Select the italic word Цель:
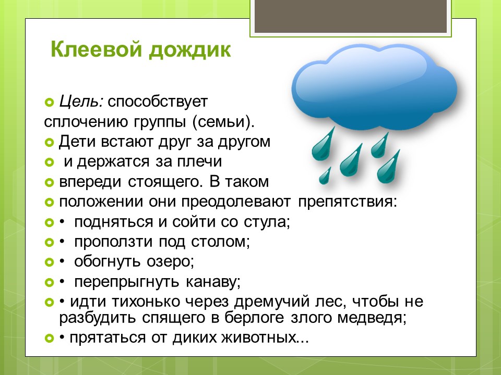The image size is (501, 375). tap(81, 102)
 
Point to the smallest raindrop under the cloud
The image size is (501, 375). tap(325, 176)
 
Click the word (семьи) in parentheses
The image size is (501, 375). tap(223, 122)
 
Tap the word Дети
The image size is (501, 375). tap(77, 142)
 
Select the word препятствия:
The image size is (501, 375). tap(348, 202)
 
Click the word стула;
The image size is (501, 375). tap(267, 222)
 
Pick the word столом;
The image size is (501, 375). tap(220, 242)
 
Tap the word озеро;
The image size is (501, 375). tap(170, 262)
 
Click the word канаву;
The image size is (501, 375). tap(213, 282)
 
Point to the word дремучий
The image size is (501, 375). tap(271, 302)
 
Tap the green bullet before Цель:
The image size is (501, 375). tap(49, 103)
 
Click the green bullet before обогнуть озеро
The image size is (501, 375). tap(49, 262)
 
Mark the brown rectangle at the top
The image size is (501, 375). tap(350, 16)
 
